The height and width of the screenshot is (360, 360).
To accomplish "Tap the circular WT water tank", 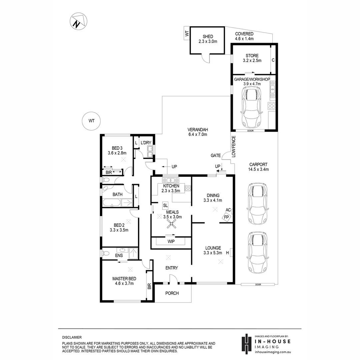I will pos(91,121).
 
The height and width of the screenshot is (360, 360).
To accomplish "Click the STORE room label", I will pos(252,56).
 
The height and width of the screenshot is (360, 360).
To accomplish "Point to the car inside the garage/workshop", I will pos(252,104).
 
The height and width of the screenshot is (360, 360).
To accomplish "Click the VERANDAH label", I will pos(198,130).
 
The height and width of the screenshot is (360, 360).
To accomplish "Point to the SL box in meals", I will pos(165,205).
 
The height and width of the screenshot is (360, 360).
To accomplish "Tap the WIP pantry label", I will pos(171,241).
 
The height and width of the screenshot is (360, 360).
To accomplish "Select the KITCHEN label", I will pos(171,186).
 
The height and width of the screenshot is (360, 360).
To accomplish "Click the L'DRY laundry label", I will pos(146,143).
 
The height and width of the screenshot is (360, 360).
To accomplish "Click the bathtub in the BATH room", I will pos(112,202).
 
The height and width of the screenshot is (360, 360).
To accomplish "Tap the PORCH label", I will pos(172,293).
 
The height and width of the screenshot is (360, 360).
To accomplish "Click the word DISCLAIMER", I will pos(72,338).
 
